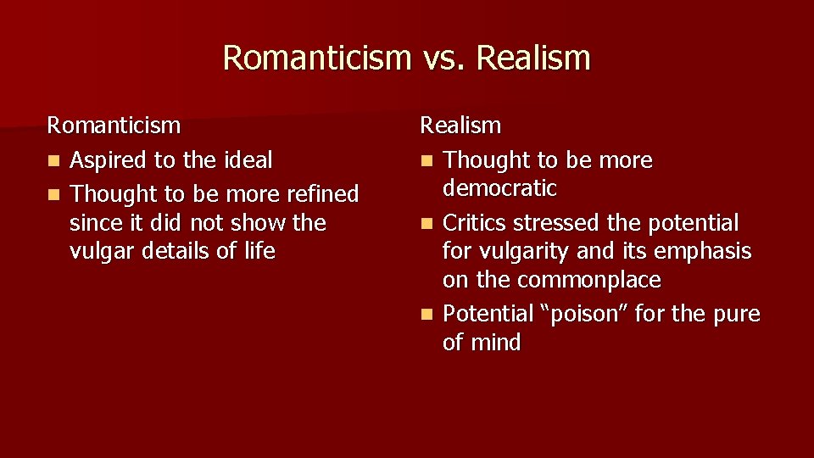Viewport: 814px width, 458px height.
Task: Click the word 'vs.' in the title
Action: click(443, 59)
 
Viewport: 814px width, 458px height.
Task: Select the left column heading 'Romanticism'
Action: click(114, 126)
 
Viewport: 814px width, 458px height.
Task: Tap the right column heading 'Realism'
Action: click(460, 126)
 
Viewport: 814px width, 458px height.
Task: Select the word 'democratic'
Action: click(499, 188)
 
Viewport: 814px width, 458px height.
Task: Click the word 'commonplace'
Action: click(588, 280)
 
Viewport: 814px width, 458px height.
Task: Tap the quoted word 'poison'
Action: click(584, 314)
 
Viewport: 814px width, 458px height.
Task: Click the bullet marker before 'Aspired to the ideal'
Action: click(53, 161)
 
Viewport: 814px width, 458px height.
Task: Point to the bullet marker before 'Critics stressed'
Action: click(427, 224)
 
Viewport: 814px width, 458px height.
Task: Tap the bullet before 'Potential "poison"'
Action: click(427, 315)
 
